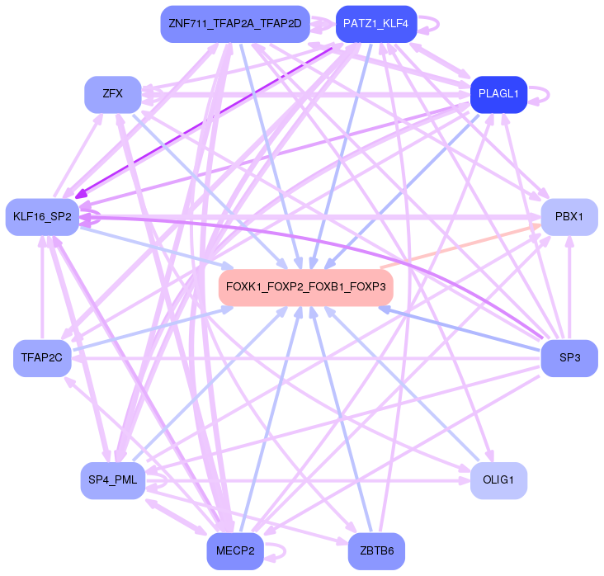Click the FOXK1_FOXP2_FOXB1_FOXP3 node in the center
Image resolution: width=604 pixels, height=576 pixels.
point(305,286)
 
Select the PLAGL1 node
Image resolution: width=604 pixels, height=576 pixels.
point(498,94)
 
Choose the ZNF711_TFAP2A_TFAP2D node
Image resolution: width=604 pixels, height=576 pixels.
point(234,23)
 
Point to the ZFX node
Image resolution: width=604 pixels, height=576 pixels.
point(113,93)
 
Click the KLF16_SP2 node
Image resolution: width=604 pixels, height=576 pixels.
point(42,217)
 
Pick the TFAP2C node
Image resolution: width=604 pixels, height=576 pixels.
point(42,358)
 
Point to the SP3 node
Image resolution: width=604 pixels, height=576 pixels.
point(569,358)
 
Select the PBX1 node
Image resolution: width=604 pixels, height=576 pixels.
point(569,217)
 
